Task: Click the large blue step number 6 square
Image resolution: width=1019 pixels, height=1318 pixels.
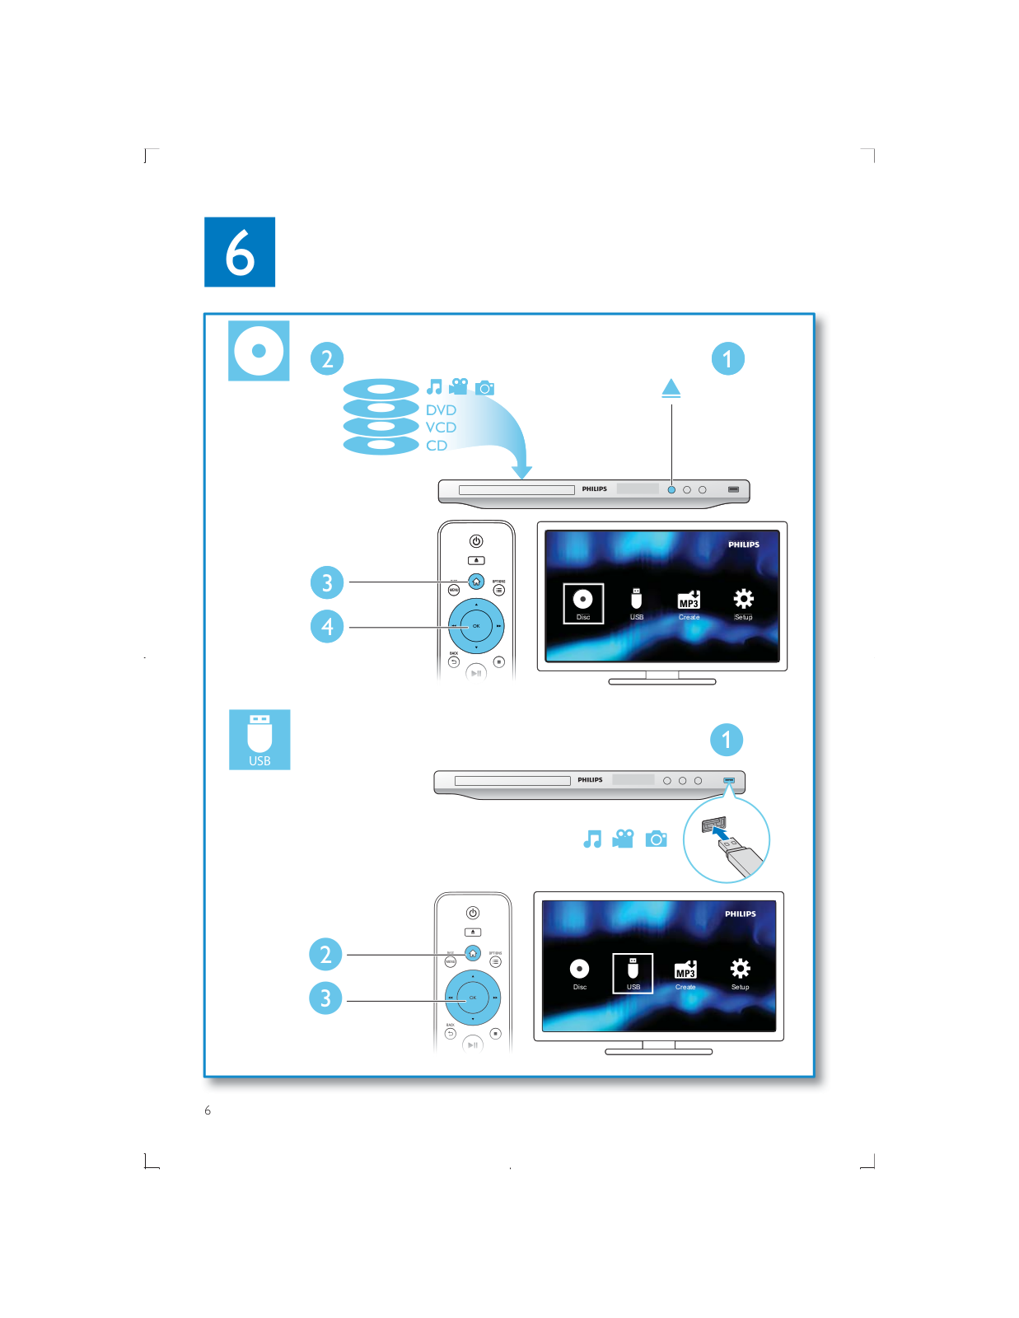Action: [x=240, y=252]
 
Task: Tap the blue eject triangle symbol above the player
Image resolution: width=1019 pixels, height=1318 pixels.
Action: [x=671, y=387]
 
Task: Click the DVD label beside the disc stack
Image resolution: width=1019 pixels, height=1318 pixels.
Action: [x=441, y=410]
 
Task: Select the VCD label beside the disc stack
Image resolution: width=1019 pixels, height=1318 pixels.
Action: [x=441, y=428]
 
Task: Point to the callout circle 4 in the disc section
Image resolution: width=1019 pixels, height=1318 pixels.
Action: [x=327, y=626]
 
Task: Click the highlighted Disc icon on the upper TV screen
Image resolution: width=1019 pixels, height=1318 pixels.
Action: [x=583, y=603]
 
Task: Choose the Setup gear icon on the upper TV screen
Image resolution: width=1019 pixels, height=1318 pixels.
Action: [x=743, y=601]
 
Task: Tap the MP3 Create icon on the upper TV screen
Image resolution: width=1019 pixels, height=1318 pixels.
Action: [x=689, y=601]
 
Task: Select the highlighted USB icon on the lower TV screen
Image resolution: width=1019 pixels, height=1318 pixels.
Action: [x=633, y=972]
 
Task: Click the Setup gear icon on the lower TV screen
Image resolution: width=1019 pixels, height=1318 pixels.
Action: [x=740, y=970]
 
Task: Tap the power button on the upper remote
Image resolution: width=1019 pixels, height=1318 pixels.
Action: [x=476, y=541]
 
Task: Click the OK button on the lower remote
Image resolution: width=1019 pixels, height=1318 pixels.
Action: [x=473, y=998]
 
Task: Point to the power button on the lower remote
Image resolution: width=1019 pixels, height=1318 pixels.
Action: [x=473, y=913]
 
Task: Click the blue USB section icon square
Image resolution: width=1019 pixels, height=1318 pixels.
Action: [x=259, y=740]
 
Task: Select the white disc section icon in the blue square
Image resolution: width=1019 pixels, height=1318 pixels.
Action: [x=259, y=351]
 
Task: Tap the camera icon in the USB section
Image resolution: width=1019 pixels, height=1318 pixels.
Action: [x=657, y=839]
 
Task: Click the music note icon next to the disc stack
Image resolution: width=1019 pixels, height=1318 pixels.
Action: [x=434, y=387]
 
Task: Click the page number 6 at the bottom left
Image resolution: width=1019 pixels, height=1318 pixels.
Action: [x=208, y=1110]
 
